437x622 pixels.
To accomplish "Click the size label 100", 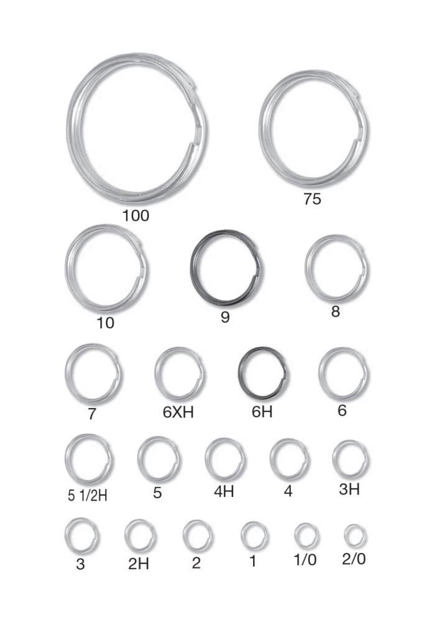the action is [x=136, y=216].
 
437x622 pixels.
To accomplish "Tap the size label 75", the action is [x=312, y=199].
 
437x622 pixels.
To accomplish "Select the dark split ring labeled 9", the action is [x=192, y=267].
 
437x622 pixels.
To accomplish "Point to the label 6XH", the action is [x=178, y=412].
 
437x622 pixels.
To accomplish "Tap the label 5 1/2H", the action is [x=88, y=496].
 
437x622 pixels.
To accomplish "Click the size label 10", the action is [x=106, y=323].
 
